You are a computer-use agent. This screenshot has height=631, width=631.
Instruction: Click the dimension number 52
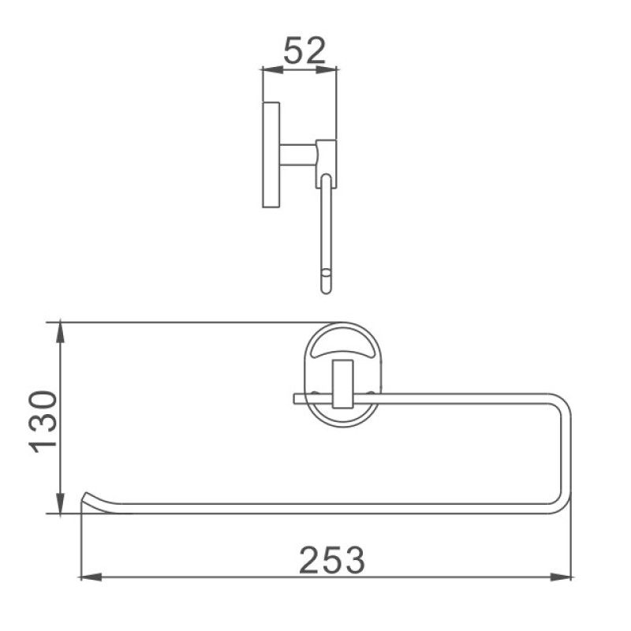[303, 51]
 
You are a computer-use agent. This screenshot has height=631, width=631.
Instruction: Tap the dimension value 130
[43, 421]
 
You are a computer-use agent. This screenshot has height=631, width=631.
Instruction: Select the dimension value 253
[332, 560]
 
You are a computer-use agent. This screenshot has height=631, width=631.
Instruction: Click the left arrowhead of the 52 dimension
[267, 71]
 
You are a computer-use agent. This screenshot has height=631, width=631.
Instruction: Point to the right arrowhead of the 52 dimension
[331, 71]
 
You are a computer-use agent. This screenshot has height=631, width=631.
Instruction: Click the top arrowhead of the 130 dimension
[61, 329]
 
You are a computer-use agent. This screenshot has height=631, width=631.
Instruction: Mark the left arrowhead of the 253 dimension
[88, 577]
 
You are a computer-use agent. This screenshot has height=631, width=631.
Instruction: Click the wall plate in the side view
[271, 154]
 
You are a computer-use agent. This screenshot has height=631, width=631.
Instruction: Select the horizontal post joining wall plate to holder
[297, 154]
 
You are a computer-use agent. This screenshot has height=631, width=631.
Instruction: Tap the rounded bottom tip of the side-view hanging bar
[327, 286]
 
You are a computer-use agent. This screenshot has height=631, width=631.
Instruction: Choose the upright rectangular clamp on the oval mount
[343, 383]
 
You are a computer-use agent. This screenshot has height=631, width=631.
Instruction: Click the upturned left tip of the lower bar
[88, 498]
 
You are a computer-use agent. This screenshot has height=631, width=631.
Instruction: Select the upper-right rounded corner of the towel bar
[562, 398]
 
